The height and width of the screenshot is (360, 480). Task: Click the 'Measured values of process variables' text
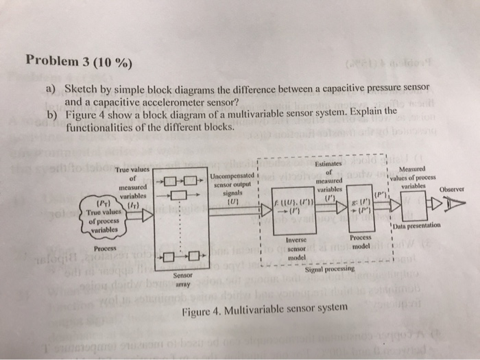tap(416, 178)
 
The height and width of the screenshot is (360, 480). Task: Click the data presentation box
tap(407, 204)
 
